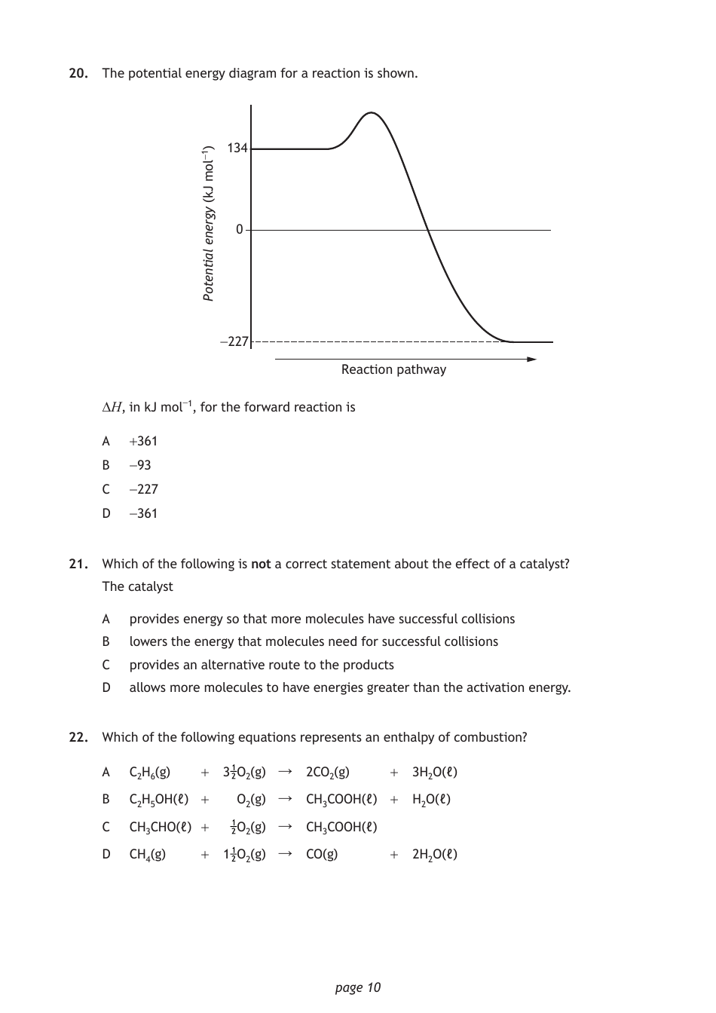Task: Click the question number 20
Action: [78, 74]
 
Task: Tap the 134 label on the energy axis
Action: [237, 148]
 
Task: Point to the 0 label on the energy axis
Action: [240, 229]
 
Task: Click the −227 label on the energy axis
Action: [234, 341]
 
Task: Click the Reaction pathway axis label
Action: [393, 369]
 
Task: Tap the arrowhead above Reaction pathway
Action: [531, 359]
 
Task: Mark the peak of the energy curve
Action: [370, 113]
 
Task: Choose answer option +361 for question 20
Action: [143, 441]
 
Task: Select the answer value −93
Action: [140, 465]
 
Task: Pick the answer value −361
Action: [143, 513]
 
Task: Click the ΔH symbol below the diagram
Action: [112, 408]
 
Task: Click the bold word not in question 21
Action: [261, 564]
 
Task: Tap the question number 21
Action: [78, 564]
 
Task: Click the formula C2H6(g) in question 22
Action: [150, 772]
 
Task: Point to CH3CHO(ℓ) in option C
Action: [161, 827]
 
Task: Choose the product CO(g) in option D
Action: [322, 854]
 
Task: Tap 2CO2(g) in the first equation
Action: [328, 772]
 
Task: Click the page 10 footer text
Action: [358, 987]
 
